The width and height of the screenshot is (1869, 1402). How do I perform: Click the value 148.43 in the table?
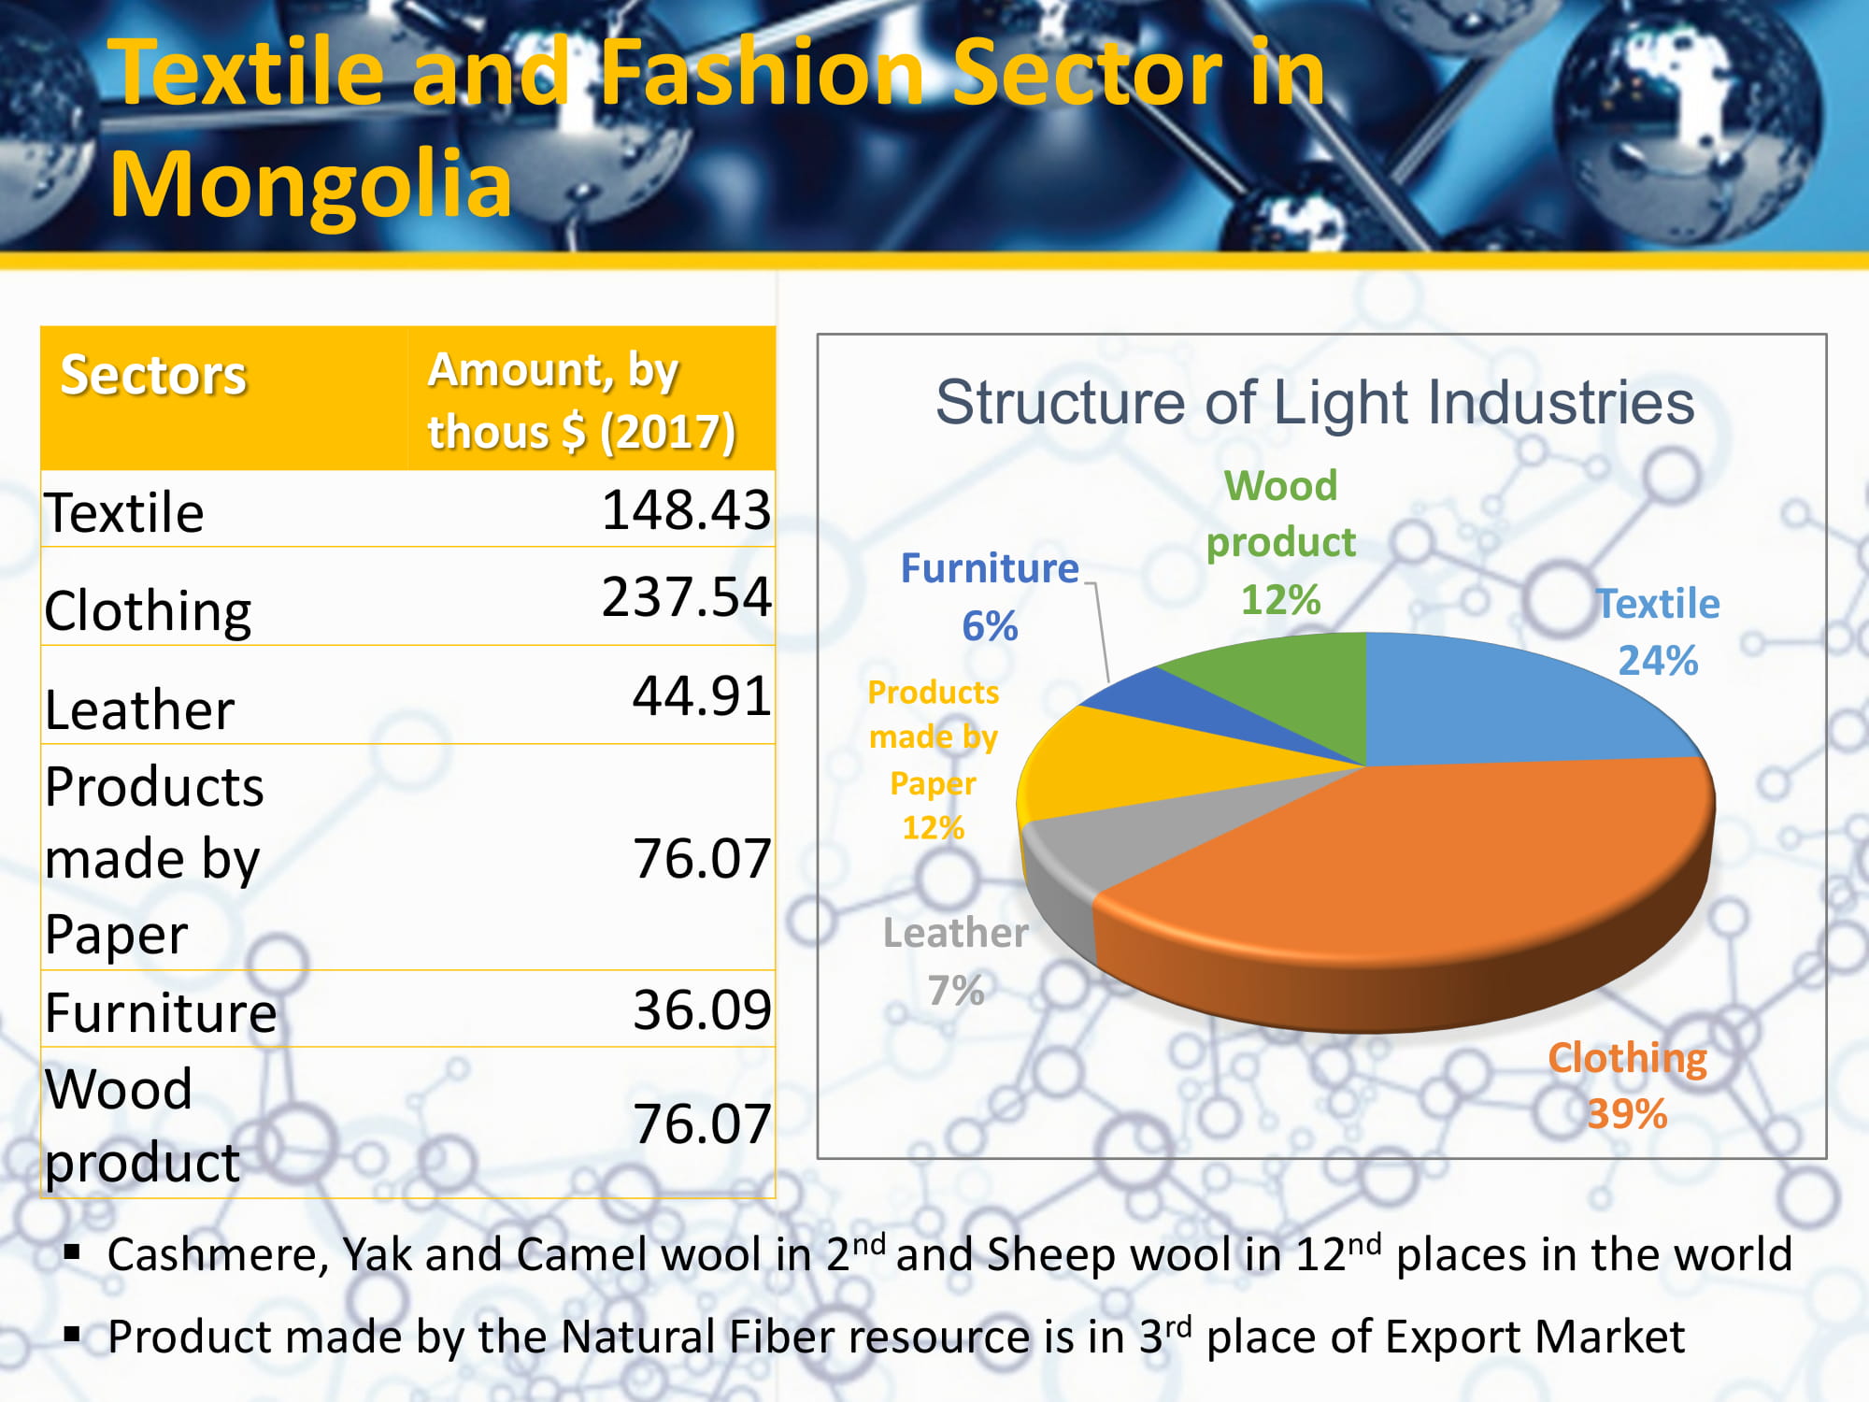point(686,510)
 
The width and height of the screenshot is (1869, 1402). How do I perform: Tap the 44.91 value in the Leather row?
point(702,695)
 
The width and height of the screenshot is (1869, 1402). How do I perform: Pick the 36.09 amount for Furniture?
point(702,1009)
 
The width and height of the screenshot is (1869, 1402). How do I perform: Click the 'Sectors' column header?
point(153,375)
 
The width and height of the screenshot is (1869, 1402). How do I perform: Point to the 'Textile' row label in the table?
point(124,512)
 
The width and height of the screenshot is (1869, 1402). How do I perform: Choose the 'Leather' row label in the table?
point(139,709)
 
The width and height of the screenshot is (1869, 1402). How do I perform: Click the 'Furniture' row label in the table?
point(161,1012)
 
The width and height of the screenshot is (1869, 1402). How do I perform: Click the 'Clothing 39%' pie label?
point(1627,1085)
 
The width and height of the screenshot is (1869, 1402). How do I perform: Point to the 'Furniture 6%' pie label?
point(990,596)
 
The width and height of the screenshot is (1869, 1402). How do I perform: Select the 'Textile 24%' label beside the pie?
point(1658,632)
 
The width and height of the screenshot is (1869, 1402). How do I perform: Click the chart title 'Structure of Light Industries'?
point(1315,402)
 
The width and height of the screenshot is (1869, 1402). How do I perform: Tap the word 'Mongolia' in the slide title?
point(310,183)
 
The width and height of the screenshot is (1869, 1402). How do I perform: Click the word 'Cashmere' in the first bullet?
point(218,1255)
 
